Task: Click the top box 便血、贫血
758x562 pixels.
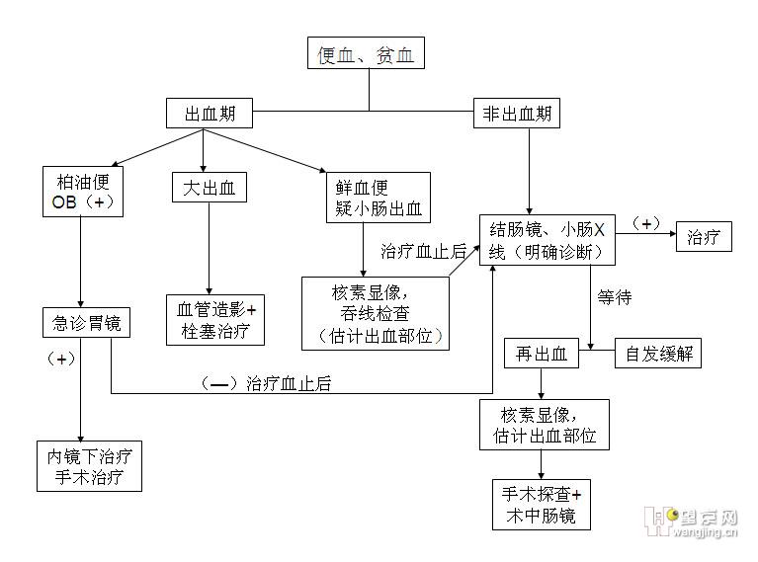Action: point(367,55)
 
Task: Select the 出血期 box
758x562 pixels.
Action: point(210,114)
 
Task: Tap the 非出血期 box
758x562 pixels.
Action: point(516,114)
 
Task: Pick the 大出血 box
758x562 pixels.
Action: point(209,188)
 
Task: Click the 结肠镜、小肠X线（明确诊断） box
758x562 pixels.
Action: point(547,239)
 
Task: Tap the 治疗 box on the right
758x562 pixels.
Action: point(704,237)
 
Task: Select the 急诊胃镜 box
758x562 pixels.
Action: point(86,322)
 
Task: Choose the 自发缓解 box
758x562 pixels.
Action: point(658,354)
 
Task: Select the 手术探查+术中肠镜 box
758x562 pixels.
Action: point(542,504)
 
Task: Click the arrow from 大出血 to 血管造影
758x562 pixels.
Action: point(209,247)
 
